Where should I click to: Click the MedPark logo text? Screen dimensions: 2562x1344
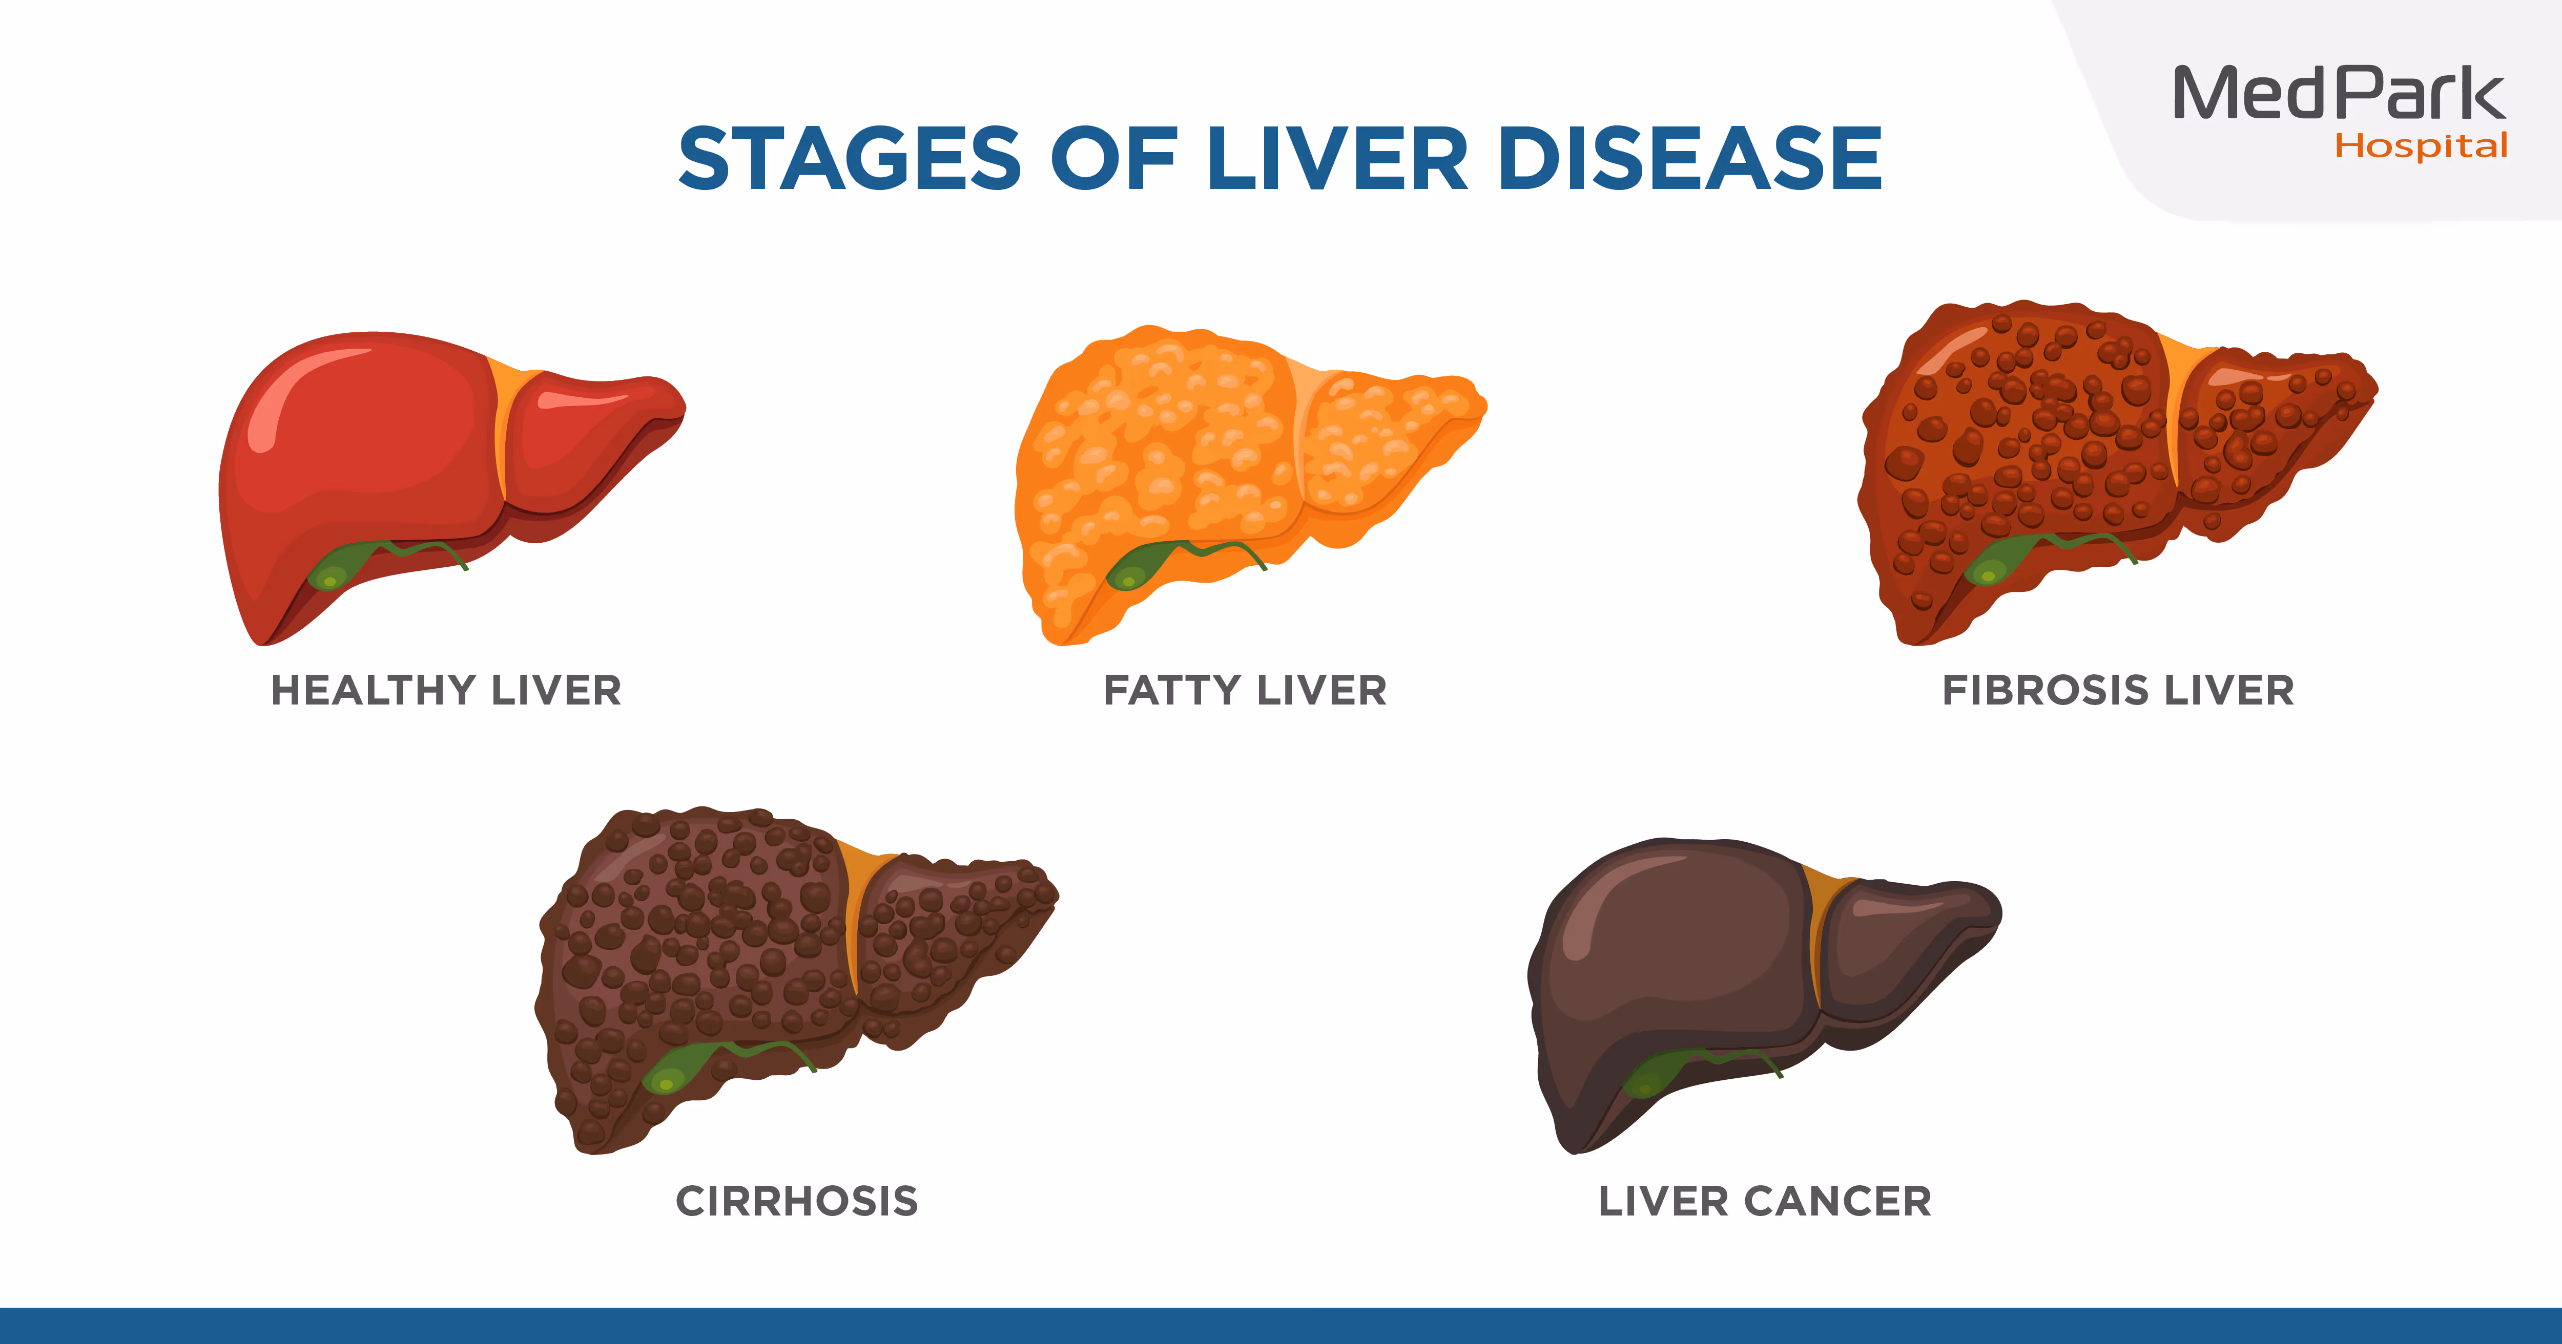point(2339,94)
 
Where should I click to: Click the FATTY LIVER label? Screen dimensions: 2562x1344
point(1245,690)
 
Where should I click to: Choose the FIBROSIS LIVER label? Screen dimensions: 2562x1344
point(2118,690)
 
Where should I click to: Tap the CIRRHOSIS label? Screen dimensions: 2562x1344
point(797,1201)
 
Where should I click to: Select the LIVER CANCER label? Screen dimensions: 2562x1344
point(1764,1201)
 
